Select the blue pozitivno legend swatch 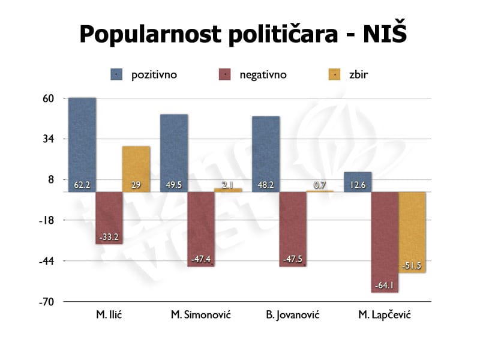coord(116,75)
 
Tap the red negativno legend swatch coord(224,75)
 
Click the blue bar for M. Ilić coord(82,144)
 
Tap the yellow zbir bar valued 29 coord(136,169)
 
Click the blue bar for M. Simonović coord(174,152)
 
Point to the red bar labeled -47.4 coord(201,229)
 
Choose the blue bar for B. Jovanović coord(266,154)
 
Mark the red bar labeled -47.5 coord(293,229)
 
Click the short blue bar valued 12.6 coord(358,182)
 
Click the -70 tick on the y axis coord(46,302)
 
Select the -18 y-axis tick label coord(46,220)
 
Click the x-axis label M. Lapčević coord(385,315)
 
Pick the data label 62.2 coord(82,185)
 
